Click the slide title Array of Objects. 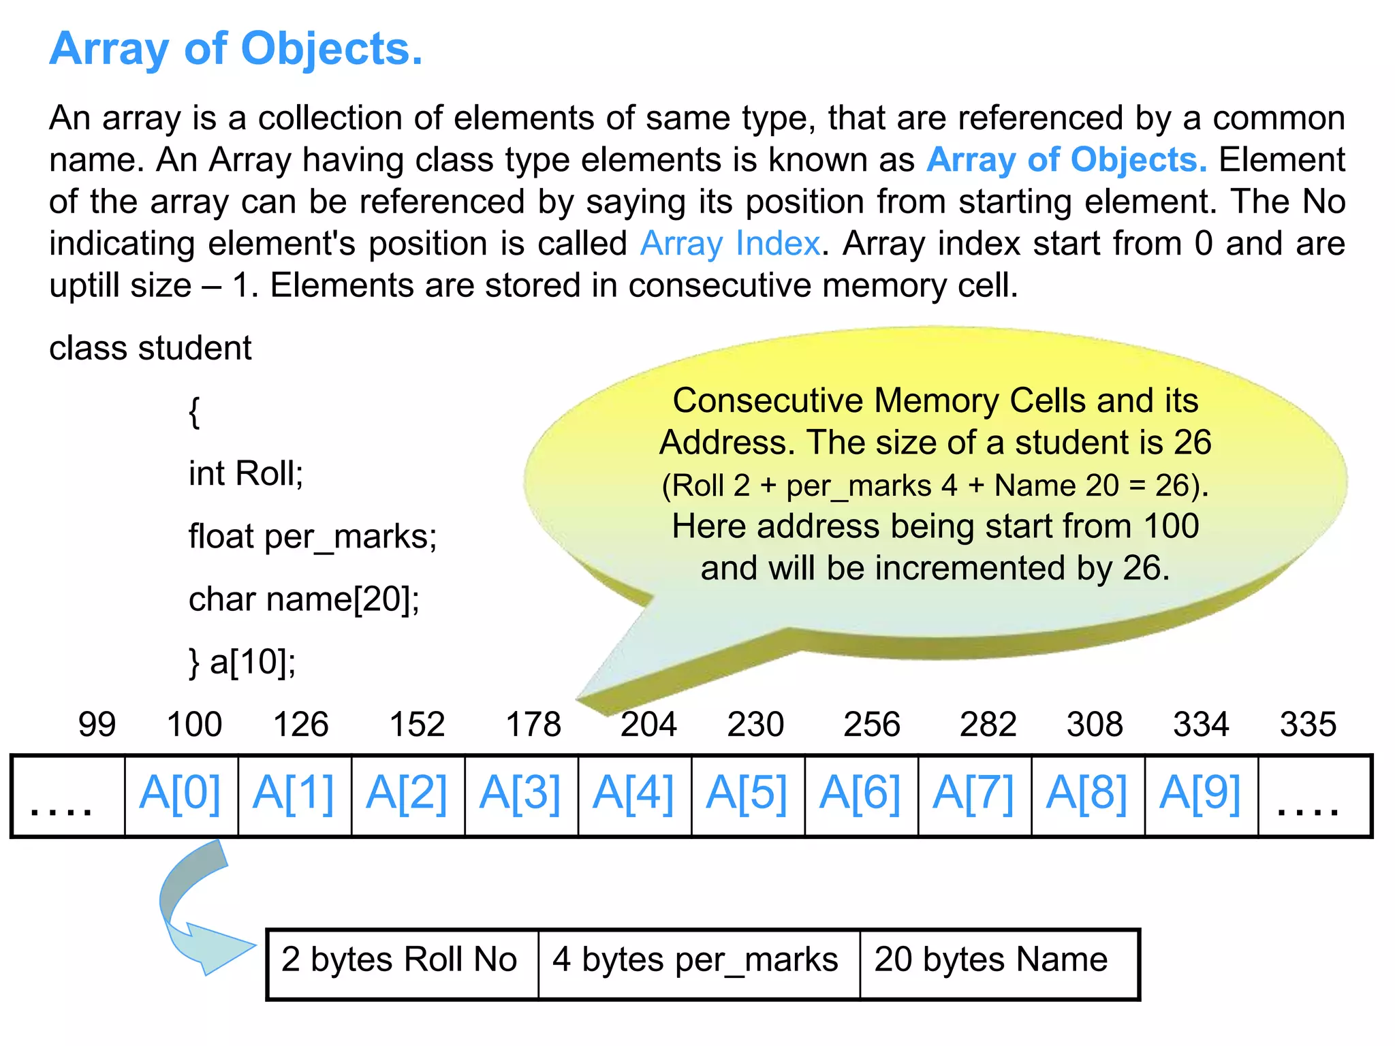point(236,49)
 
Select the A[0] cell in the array point(181,794)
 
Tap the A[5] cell point(747,794)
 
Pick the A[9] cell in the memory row point(1200,794)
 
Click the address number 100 point(194,725)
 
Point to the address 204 point(648,725)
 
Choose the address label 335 point(1308,725)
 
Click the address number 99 point(97,725)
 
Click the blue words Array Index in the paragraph point(730,244)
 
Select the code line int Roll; point(246,474)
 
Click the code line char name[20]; point(304,600)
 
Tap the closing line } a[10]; point(242,662)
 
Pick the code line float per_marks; point(313,537)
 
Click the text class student point(151,349)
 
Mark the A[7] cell point(974,794)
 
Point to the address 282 point(988,725)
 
